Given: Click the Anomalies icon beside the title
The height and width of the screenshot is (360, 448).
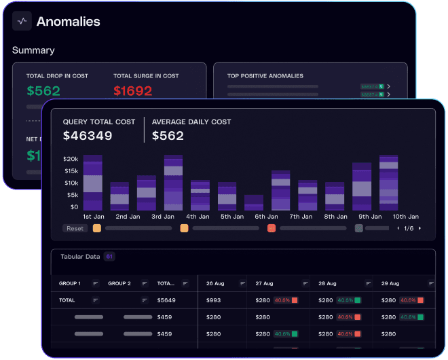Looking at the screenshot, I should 22,21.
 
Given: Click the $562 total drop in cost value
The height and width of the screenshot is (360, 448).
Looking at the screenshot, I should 43,91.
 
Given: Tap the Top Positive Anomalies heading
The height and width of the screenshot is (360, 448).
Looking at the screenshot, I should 265,76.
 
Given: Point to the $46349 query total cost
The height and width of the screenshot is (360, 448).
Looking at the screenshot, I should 88,136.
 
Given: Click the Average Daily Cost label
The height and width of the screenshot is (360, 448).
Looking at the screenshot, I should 191,122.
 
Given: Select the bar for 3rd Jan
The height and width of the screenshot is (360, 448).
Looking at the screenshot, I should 173,183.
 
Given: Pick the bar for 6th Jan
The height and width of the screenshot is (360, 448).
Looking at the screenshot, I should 254,202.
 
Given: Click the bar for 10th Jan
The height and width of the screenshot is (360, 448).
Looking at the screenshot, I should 388,183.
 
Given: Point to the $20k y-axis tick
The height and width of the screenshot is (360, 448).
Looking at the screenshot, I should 71,158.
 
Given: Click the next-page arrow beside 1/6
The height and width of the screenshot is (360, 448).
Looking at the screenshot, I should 419,228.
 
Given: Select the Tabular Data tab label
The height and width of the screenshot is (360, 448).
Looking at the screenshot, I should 80,257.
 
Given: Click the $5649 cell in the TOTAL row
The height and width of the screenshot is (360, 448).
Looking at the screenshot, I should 166,300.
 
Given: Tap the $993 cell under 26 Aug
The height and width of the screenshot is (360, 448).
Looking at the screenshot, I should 213,300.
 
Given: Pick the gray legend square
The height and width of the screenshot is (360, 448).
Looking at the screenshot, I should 359,228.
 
